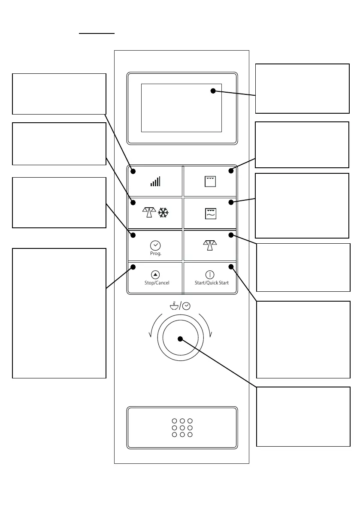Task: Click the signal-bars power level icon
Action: (x=155, y=181)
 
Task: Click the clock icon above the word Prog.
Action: (x=155, y=245)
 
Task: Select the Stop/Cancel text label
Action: (x=157, y=283)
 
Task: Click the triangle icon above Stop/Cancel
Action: (x=155, y=275)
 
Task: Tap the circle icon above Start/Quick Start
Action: (x=210, y=275)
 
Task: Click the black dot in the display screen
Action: (x=213, y=91)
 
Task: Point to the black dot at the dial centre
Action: (x=180, y=339)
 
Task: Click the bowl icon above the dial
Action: (x=174, y=306)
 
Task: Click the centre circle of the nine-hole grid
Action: (x=182, y=428)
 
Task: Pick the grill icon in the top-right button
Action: (x=210, y=181)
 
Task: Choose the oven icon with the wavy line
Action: (x=210, y=213)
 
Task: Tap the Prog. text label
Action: (x=155, y=254)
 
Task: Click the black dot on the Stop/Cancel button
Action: (x=133, y=267)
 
